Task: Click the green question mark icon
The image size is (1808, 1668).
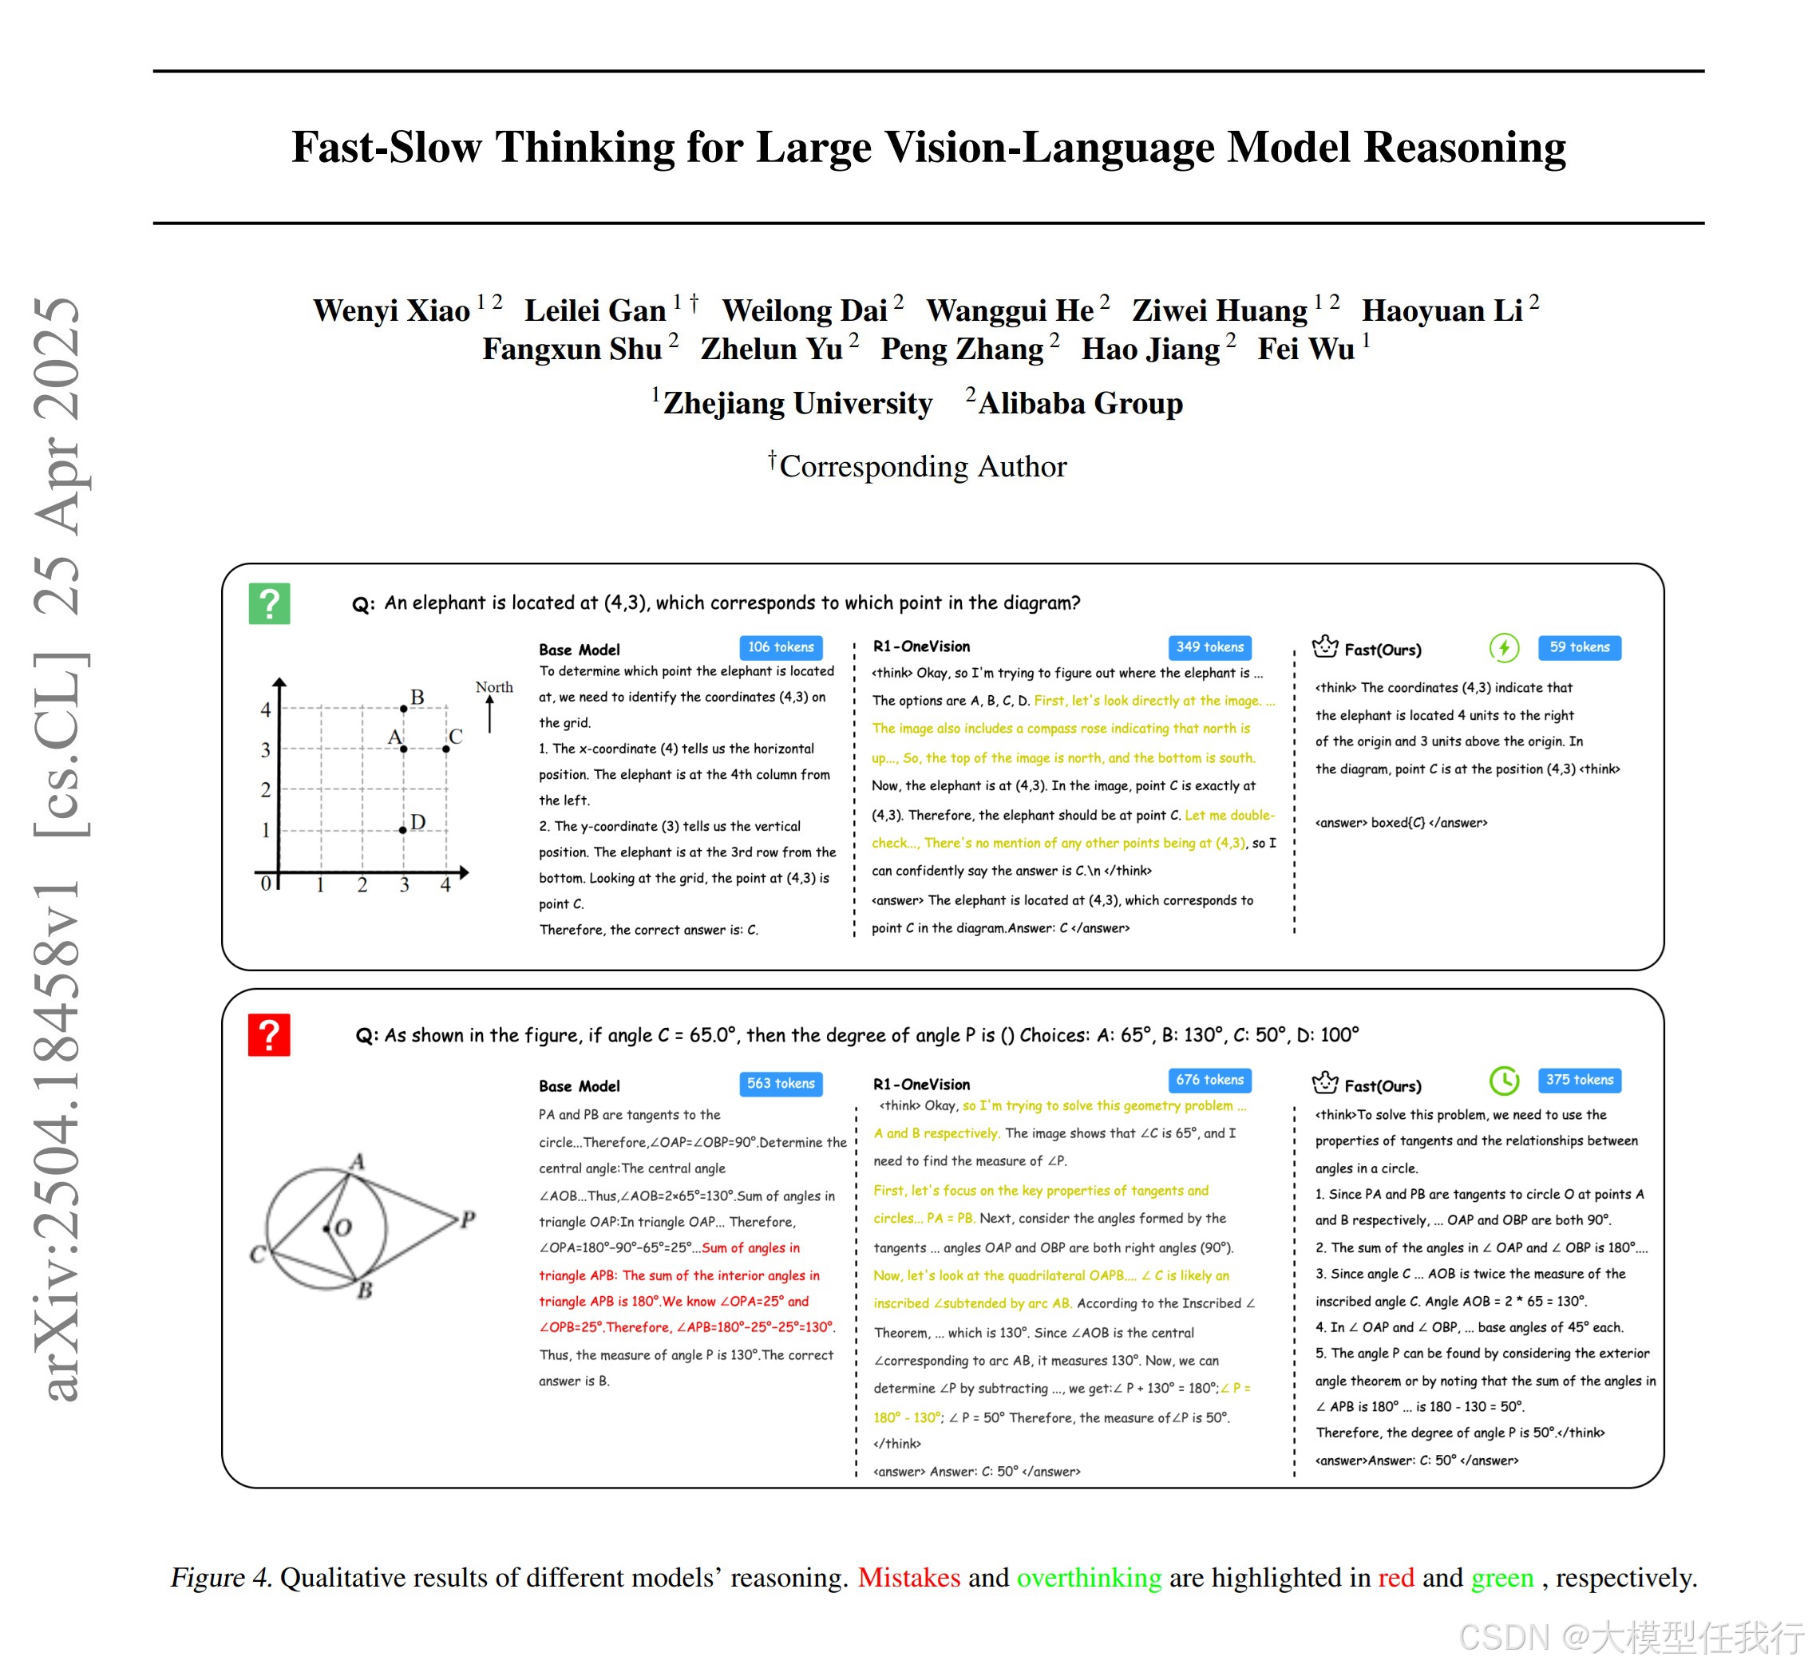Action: click(x=269, y=604)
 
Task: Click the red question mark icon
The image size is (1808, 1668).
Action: click(x=269, y=1035)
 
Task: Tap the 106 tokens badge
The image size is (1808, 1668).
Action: click(x=780, y=647)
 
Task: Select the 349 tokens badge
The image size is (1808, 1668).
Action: click(x=1209, y=647)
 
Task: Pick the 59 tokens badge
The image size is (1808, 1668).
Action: click(x=1579, y=647)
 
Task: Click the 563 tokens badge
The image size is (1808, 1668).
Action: click(x=780, y=1083)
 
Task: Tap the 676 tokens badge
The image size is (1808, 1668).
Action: click(x=1209, y=1080)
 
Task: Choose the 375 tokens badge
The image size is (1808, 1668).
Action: click(x=1579, y=1080)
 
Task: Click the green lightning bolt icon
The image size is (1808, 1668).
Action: click(x=1504, y=647)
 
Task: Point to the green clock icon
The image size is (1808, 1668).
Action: click(x=1504, y=1081)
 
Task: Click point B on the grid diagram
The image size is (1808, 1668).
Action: click(x=403, y=709)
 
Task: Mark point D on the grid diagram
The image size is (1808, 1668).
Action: click(x=402, y=829)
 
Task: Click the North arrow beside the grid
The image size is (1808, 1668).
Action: click(x=490, y=713)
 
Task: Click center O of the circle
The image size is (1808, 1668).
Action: click(x=326, y=1228)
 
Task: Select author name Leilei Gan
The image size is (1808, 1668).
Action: click(x=595, y=310)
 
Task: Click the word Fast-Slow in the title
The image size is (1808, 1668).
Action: click(x=386, y=147)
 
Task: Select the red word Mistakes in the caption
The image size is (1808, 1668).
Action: click(x=908, y=1577)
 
